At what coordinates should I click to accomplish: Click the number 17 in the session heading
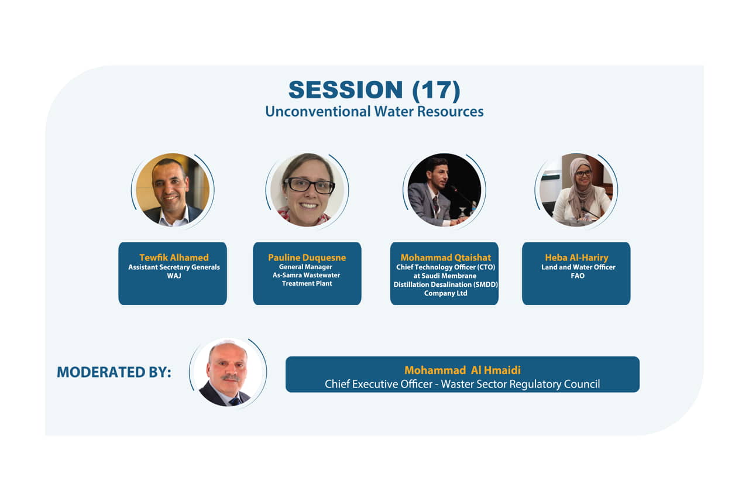click(437, 90)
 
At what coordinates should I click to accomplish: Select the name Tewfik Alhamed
click(174, 258)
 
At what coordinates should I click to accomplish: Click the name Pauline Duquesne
click(307, 258)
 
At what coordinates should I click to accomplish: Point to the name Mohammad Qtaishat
click(446, 258)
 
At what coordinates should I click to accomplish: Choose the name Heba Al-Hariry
click(577, 258)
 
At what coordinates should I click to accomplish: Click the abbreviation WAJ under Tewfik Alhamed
click(174, 276)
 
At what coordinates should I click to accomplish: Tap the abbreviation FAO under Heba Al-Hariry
click(578, 276)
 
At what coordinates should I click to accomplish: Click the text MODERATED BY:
click(114, 372)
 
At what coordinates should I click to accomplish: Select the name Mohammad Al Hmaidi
click(462, 370)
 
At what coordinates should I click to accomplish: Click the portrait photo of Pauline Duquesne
click(307, 190)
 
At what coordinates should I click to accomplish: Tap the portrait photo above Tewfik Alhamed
click(173, 190)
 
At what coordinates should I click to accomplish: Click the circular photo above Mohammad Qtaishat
click(444, 190)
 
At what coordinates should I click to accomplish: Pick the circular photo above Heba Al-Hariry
click(576, 190)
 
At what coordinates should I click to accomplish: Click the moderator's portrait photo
click(228, 372)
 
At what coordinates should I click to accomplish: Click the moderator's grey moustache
click(231, 378)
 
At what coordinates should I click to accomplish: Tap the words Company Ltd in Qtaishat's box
click(446, 293)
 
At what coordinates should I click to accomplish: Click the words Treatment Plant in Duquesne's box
click(307, 284)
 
